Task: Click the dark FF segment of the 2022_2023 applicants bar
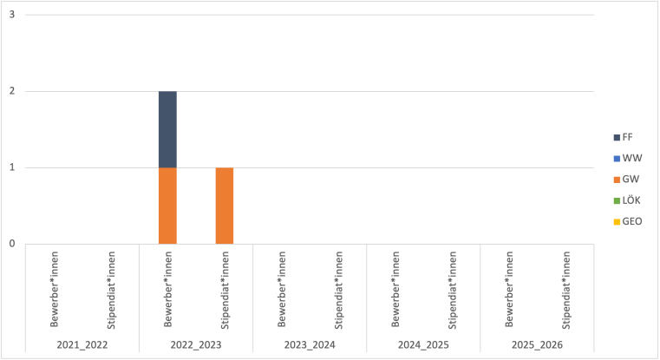(x=167, y=129)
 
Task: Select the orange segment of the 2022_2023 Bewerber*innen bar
(x=167, y=206)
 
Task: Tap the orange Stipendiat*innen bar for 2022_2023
(x=225, y=206)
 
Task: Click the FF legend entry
(x=626, y=137)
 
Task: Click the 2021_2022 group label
(x=82, y=345)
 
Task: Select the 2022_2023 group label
(x=196, y=345)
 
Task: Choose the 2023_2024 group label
(x=310, y=345)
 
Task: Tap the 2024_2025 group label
(x=423, y=345)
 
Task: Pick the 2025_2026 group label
(x=537, y=345)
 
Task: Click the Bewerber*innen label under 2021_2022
(x=54, y=291)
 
